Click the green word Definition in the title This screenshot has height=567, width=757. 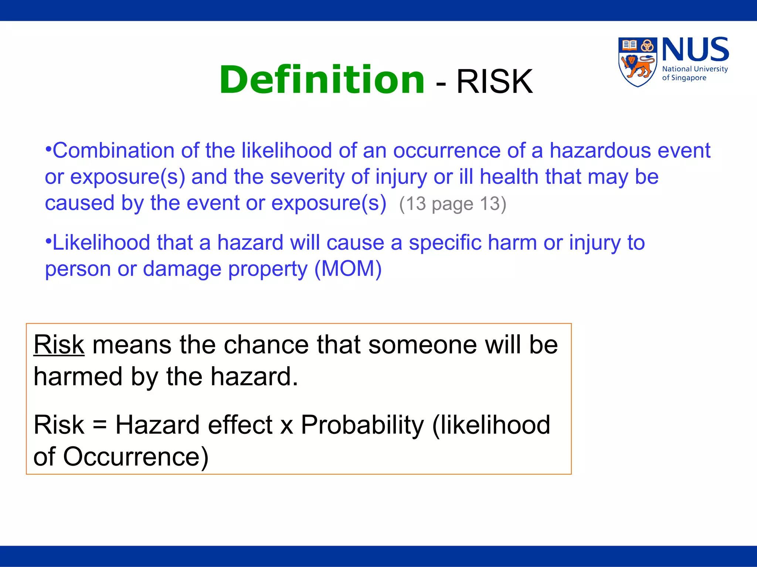(322, 80)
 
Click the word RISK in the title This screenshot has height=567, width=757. (495, 82)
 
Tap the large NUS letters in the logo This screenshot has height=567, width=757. (695, 50)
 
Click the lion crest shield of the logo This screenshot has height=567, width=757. (637, 62)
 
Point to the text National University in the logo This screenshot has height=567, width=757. (695, 69)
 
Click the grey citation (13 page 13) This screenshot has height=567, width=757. (452, 204)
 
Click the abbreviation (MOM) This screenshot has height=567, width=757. (348, 269)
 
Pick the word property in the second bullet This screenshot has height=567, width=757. (268, 269)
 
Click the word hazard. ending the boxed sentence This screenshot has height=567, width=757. (254, 377)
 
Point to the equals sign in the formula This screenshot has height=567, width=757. (100, 425)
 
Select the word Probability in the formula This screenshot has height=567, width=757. (362, 425)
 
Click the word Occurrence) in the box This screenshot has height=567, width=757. (136, 457)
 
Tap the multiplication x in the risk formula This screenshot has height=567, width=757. (286, 426)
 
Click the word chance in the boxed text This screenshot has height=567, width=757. (266, 345)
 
